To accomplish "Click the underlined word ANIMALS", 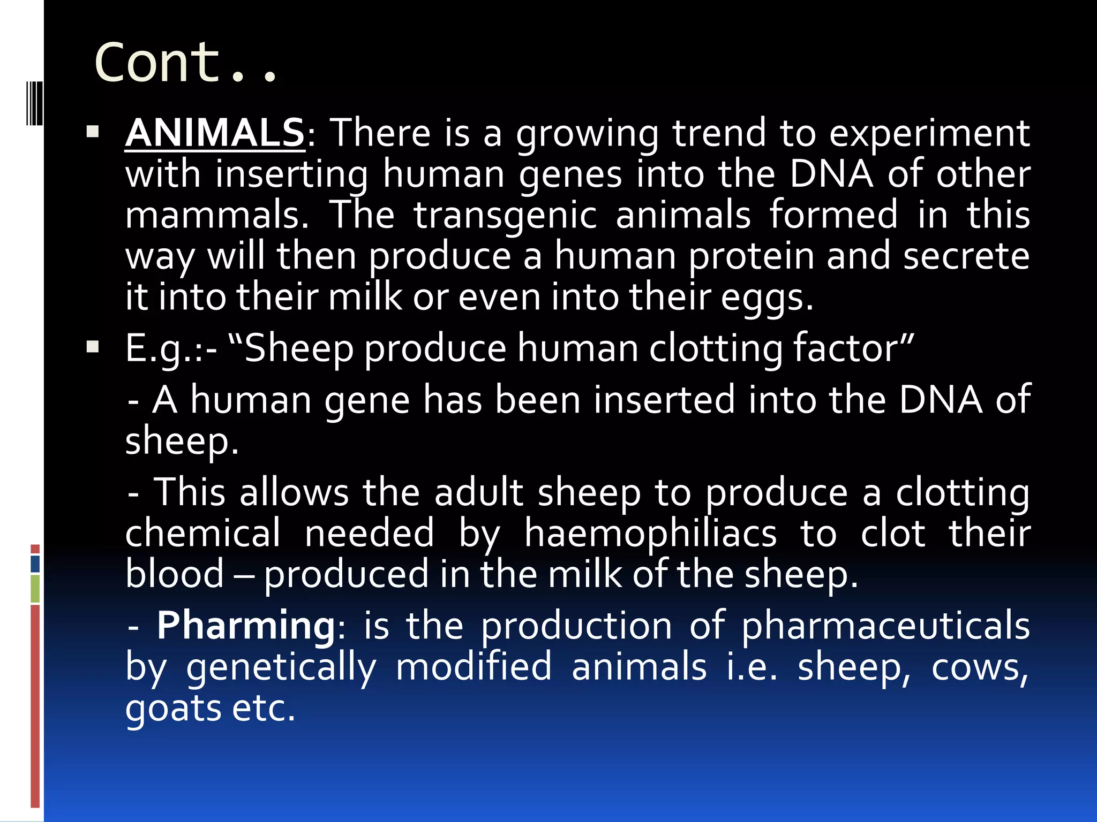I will pyautogui.click(x=215, y=133).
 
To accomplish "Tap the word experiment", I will pyautogui.click(x=929, y=134).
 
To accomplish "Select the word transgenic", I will pyautogui.click(x=505, y=215).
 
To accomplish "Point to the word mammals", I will pyautogui.click(x=216, y=215).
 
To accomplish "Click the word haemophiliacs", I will pyautogui.click(x=650, y=534).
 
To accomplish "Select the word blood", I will pyautogui.click(x=175, y=574).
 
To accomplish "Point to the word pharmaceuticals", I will pyautogui.click(x=885, y=626).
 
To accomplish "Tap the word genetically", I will pyautogui.click(x=281, y=668).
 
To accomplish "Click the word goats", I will pyautogui.click(x=172, y=709).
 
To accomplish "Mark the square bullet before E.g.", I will pyautogui.click(x=93, y=347).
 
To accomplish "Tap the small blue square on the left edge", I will pyautogui.click(x=35, y=564).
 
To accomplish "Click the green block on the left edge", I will pyautogui.click(x=35, y=589).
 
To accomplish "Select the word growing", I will pyautogui.click(x=587, y=134).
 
